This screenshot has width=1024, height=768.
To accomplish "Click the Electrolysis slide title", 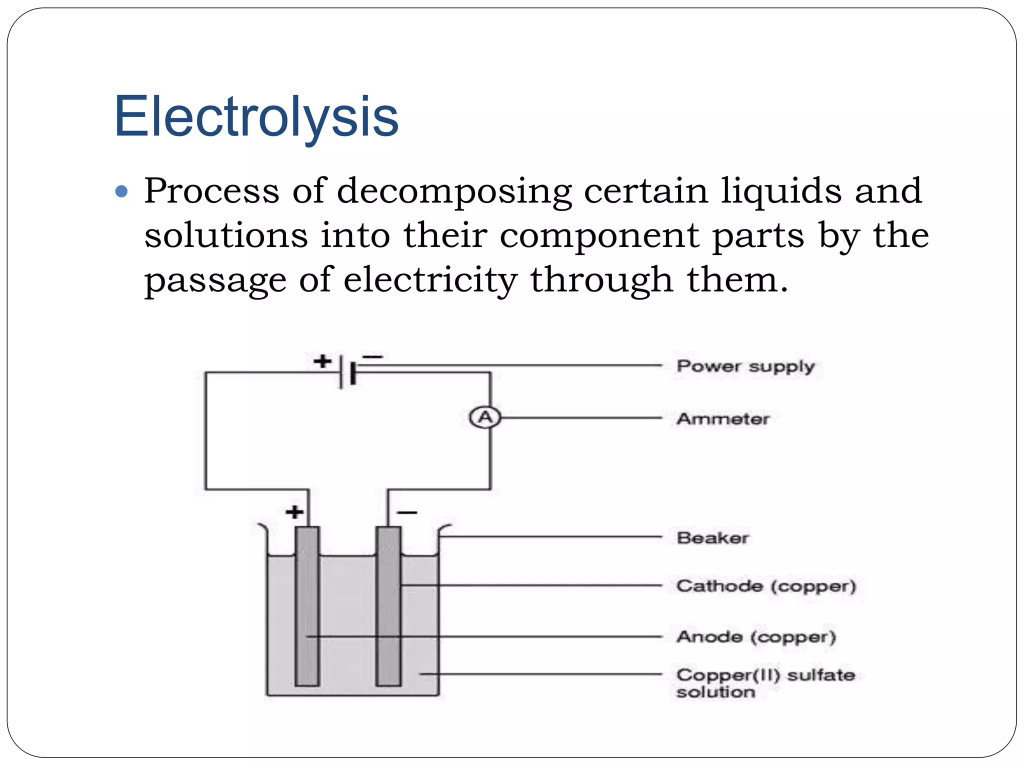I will (256, 116).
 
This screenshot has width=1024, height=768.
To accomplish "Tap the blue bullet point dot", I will (121, 191).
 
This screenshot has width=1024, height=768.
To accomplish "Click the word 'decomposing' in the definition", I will (454, 192).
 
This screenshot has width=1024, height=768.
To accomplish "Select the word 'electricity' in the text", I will (430, 280).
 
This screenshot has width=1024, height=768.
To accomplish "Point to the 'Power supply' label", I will (745, 366).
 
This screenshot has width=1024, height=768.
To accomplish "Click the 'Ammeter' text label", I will (722, 418).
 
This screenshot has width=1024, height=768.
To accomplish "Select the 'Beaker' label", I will (712, 538).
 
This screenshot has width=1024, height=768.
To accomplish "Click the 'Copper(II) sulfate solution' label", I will (765, 683).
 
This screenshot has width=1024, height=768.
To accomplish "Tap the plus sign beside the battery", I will (322, 360).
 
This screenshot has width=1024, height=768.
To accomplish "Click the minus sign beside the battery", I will (372, 357).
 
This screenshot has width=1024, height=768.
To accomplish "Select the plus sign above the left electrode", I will (294, 511).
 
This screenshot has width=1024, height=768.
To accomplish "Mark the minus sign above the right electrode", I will (407, 512).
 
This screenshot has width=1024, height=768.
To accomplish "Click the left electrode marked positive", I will (306, 606).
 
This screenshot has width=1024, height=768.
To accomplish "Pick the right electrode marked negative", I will (388, 606).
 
